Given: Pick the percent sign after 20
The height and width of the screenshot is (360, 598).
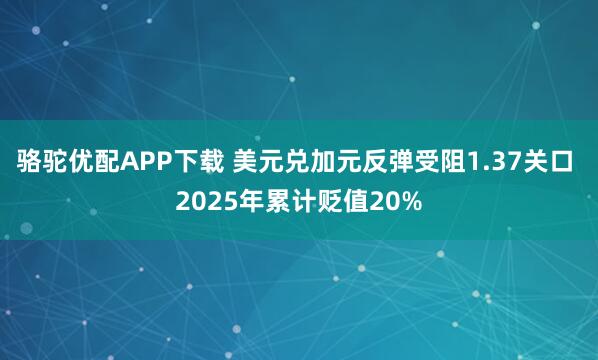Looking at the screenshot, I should coord(409,201).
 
